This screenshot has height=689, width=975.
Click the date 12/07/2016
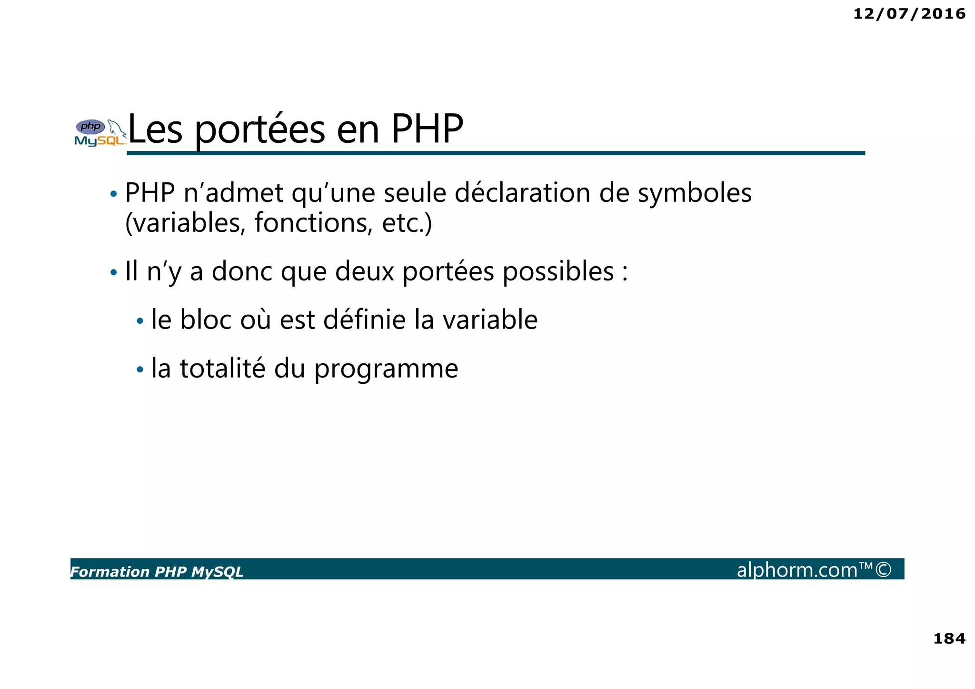pos(909,14)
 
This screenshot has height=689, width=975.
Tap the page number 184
pos(949,638)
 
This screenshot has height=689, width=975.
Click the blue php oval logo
pos(90,127)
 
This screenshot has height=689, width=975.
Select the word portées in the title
pos(260,130)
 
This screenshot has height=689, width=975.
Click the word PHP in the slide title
pos(427,130)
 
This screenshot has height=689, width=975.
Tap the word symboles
pos(695,193)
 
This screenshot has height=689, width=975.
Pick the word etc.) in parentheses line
pos(407,223)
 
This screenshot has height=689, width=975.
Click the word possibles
pos(558,271)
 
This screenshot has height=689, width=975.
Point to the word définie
pos(364,320)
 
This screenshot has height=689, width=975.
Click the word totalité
pos(222,369)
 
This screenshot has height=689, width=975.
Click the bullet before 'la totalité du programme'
pos(139,369)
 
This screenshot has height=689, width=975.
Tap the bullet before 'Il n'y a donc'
pos(113,273)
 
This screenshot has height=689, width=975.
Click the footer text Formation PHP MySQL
pos(157,571)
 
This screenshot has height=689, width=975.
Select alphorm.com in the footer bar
pos(797,570)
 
